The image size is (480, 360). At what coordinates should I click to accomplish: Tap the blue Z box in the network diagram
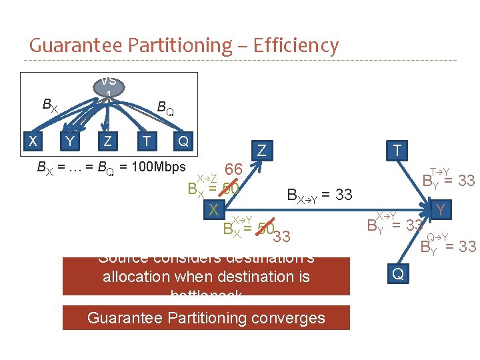point(261,151)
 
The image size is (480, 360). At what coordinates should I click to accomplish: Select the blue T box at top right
point(397,151)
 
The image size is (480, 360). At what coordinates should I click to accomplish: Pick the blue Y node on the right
point(440,211)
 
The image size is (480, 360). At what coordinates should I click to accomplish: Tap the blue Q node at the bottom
point(397,273)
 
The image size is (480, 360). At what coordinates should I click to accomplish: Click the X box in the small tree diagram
point(33,141)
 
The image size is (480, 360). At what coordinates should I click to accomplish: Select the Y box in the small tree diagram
point(70,141)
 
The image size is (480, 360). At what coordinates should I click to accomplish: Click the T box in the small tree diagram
point(145,141)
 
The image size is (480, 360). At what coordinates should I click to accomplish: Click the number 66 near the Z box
point(233,169)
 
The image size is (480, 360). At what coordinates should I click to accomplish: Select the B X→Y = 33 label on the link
point(319,195)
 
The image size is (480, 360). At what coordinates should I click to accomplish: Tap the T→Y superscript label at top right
point(439,172)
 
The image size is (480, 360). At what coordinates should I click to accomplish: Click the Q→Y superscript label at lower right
point(437,237)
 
